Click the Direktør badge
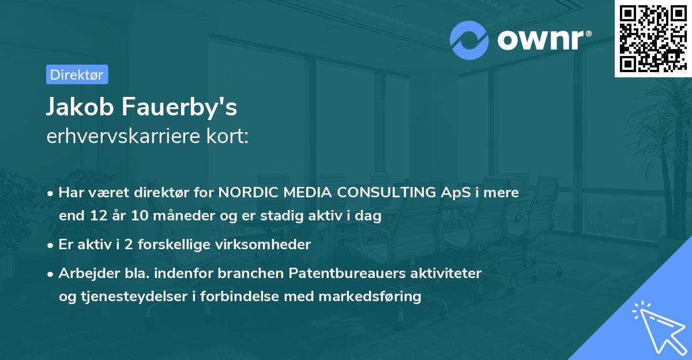pyautogui.click(x=77, y=74)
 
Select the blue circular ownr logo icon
pyautogui.click(x=469, y=40)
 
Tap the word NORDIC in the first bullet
pyautogui.click(x=247, y=193)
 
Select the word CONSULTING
pyautogui.click(x=384, y=193)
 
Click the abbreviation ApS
pyautogui.click(x=455, y=193)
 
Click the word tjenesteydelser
pyautogui.click(x=138, y=297)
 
